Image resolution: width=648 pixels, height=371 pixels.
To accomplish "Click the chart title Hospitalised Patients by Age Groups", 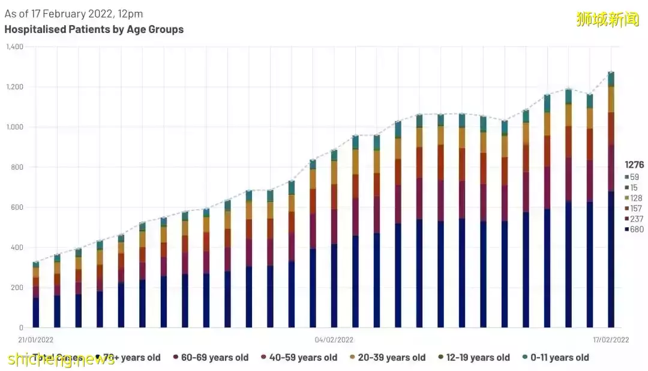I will tap(94, 29).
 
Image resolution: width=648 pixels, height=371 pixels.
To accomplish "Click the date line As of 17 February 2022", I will tap(74, 13).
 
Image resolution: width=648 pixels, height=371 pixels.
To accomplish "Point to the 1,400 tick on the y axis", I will tap(14, 47).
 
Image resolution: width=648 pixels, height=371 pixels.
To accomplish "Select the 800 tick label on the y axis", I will tap(16, 167).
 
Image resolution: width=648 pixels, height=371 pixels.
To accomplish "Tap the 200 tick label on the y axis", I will tap(16, 288).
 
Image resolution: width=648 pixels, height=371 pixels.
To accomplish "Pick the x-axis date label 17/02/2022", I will tap(610, 340).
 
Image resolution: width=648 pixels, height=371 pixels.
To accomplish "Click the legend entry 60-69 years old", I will tap(214, 358).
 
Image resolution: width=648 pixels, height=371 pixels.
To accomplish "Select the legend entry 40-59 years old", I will tap(303, 358).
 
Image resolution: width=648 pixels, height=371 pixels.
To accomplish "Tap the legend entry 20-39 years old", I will tap(391, 358).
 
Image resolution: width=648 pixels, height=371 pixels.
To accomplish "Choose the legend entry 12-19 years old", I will tap(478, 358).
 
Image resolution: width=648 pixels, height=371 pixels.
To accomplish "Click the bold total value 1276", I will tap(634, 164).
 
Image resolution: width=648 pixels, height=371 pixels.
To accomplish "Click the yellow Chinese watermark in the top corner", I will tap(607, 19).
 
